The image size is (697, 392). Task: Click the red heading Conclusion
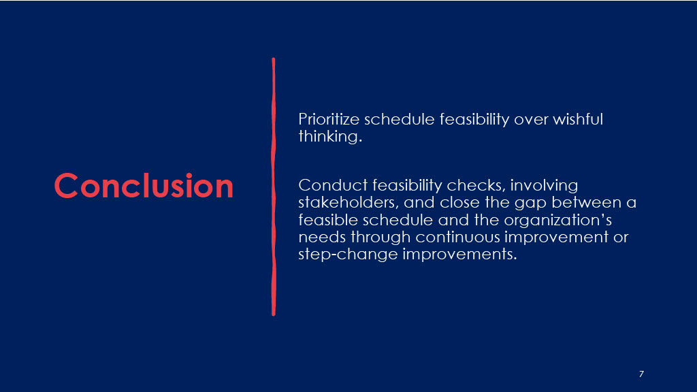(x=144, y=186)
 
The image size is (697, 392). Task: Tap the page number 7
(x=641, y=374)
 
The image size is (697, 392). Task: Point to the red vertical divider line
(x=274, y=186)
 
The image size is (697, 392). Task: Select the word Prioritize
(x=329, y=119)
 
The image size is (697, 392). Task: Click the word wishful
(x=578, y=119)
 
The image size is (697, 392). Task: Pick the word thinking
(x=330, y=136)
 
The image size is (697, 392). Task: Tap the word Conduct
(x=333, y=185)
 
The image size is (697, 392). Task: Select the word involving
(x=544, y=186)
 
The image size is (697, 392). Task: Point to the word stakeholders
(x=348, y=203)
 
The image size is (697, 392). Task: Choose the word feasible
(x=328, y=220)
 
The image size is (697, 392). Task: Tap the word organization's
(x=558, y=220)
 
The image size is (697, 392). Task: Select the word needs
(x=322, y=237)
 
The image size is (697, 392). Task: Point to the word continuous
(x=458, y=237)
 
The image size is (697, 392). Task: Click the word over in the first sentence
(x=531, y=120)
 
